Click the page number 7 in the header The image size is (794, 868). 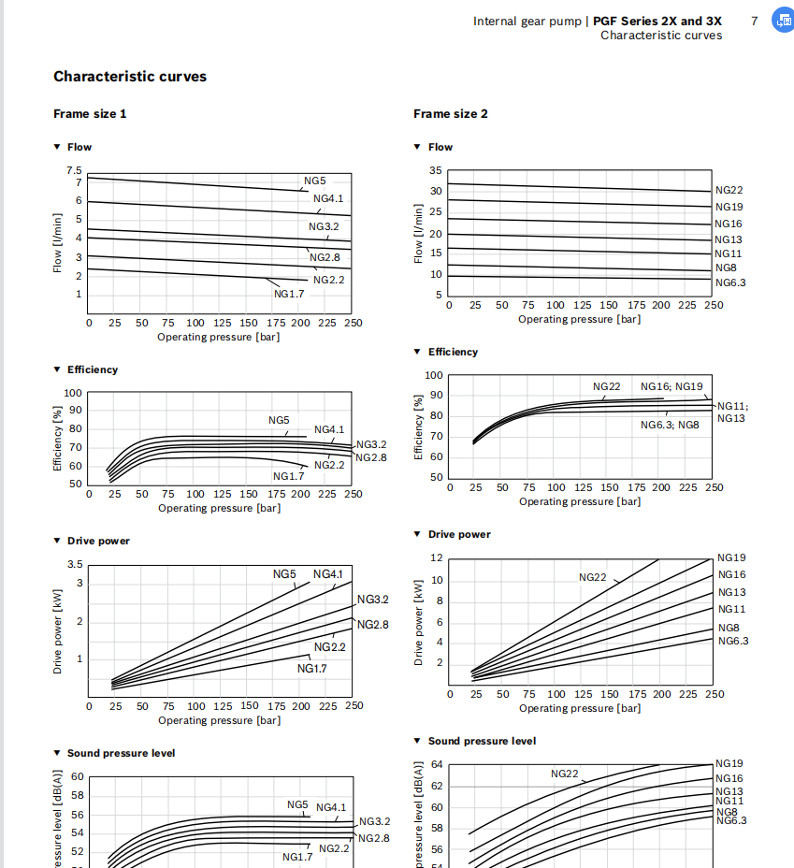pos(754,21)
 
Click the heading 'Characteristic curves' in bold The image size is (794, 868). pos(130,77)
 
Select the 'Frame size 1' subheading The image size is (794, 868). pos(90,114)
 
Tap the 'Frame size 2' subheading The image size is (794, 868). pos(451,114)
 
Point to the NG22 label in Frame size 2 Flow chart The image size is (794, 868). pos(729,190)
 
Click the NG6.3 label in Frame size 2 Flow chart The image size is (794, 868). pos(730,282)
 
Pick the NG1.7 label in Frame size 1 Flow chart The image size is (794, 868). pos(288,293)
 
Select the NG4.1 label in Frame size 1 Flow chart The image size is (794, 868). pos(328,198)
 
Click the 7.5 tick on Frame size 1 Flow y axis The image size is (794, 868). pos(74,171)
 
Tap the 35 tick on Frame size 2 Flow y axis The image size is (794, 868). pos(436,170)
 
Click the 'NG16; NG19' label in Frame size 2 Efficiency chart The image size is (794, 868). pos(671,386)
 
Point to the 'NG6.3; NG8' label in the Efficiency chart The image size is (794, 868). pos(670,425)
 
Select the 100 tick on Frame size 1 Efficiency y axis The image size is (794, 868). pos(73,393)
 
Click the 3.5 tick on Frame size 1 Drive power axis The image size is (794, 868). pos(74,564)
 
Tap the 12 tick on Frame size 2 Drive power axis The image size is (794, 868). pos(436,557)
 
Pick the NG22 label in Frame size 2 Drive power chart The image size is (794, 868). pos(593,577)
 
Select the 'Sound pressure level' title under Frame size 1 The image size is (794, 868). pos(121,753)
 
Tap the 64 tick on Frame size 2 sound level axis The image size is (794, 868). pos(437,764)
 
